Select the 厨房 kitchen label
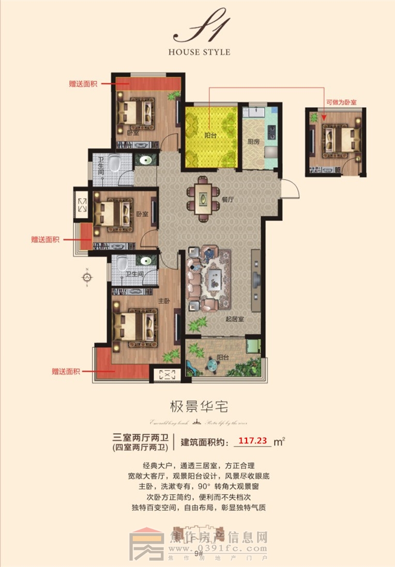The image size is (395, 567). click(253, 142)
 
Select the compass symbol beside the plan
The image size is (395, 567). click(87, 278)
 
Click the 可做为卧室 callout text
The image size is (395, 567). click(341, 103)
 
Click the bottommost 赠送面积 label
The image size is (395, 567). click(66, 371)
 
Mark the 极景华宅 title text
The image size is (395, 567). click(197, 405)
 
